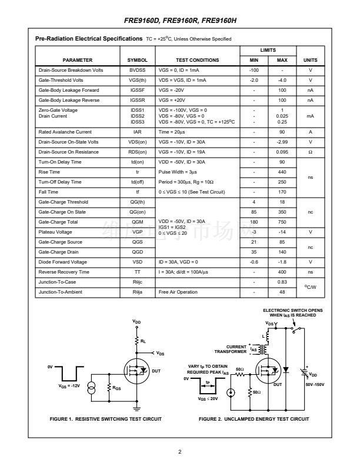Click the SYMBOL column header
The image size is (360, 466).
pos(137,60)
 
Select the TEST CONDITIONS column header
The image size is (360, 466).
pos(197,60)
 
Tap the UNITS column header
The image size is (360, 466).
pos(310,60)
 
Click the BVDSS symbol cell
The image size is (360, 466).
pos(137,70)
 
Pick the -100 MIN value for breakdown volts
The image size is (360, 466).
pos(254,70)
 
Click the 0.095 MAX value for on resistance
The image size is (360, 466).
pos(282,152)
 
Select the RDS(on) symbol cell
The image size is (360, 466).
pos(137,152)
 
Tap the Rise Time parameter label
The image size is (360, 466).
pos(49,172)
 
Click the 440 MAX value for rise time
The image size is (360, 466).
pos(282,172)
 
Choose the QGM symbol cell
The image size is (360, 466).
pos(137,222)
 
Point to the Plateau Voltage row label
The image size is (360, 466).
pos(56,232)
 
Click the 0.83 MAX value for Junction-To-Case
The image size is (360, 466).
pos(282,282)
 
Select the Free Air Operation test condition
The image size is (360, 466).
pos(178,292)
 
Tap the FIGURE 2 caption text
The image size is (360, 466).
pos(254,419)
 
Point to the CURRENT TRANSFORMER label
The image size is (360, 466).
pos(231,349)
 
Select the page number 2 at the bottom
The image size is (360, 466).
pos(180,452)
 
